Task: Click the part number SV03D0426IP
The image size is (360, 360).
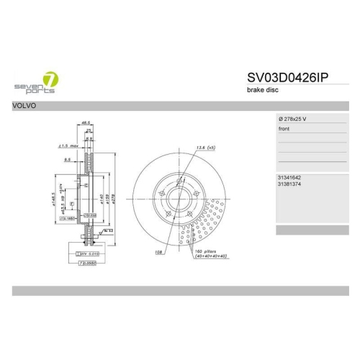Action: coord(287,78)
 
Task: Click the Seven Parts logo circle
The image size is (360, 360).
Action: coord(51,78)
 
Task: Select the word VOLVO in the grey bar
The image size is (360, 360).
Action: coord(26,106)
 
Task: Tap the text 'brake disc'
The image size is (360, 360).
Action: coord(261,90)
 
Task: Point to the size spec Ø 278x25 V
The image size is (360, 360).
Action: coord(295,118)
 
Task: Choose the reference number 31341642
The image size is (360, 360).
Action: coord(289,178)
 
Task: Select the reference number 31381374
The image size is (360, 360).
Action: coord(289,184)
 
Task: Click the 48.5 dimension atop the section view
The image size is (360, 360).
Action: coord(86,123)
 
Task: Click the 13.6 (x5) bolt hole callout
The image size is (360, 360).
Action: coord(206,148)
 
